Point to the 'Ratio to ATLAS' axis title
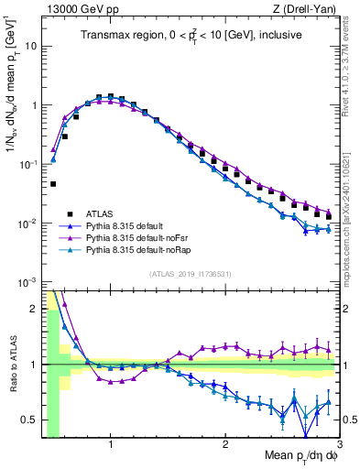click(11, 365)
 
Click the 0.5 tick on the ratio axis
click(28, 420)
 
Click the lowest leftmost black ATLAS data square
click(53, 184)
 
